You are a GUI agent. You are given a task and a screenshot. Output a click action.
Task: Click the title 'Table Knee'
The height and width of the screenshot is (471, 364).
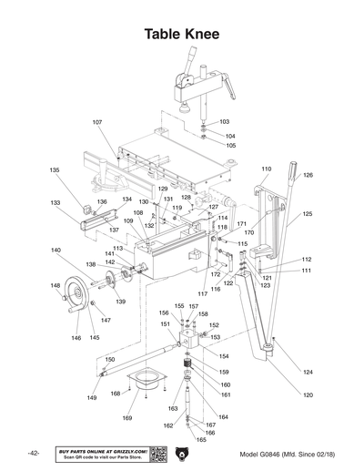pos(181,35)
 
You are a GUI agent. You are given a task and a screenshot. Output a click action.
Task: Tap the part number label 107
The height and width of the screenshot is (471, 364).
pos(97,121)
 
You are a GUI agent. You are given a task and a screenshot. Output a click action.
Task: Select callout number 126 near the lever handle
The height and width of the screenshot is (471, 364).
pos(308,174)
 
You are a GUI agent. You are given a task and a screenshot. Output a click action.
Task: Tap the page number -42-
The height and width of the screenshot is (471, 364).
pos(33,453)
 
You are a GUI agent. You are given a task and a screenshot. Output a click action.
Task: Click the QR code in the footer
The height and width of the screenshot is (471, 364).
pos(156,453)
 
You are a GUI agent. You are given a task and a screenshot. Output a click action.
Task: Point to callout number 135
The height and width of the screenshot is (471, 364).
pos(55,170)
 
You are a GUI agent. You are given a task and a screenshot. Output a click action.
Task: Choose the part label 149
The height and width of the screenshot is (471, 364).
pos(92,398)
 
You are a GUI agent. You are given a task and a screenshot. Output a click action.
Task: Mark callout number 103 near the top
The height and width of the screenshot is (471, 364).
pos(224,121)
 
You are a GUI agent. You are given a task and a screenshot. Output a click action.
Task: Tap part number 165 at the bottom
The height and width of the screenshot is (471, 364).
pos(201,440)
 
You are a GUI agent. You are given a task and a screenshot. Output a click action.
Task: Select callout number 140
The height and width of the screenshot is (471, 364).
pos(56,251)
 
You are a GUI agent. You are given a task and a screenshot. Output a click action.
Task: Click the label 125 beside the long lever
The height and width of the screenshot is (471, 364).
pos(308,213)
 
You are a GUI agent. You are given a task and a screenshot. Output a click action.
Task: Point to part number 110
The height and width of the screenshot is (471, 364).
pos(267,169)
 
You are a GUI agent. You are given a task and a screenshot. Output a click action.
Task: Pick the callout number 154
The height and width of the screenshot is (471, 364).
pos(224,356)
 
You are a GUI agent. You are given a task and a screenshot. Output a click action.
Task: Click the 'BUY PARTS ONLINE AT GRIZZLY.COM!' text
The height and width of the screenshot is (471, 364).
pos(102,449)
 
